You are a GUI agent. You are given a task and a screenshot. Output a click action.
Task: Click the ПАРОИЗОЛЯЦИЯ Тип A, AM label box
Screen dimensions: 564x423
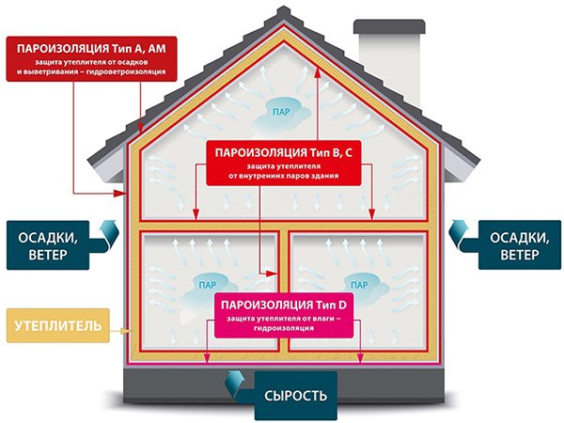point(92,58)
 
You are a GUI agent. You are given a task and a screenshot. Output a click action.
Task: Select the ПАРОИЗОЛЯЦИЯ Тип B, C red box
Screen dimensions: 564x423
point(284,163)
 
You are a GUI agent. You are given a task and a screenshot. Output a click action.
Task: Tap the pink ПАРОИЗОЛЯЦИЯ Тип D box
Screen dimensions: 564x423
point(284,315)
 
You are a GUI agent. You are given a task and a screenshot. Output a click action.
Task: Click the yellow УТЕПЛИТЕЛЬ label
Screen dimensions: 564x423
point(58,325)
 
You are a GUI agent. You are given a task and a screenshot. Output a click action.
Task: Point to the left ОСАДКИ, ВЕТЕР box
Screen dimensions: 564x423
point(48,245)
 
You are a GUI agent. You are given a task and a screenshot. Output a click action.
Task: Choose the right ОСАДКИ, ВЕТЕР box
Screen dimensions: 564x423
point(520,245)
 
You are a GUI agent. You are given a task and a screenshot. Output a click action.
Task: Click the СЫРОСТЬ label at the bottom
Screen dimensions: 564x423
point(296,396)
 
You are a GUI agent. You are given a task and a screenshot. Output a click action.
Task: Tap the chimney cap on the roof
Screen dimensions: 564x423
point(389,26)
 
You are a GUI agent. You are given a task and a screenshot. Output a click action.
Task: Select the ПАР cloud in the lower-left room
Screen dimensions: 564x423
point(208,287)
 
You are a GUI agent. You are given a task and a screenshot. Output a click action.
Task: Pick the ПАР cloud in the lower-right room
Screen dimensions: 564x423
point(360,287)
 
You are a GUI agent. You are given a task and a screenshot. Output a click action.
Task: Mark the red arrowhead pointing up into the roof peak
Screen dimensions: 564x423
point(318,73)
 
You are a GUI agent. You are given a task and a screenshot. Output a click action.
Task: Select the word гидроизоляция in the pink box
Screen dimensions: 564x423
point(284,328)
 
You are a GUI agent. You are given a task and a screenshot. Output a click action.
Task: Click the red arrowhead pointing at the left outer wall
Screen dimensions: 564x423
point(119,194)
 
